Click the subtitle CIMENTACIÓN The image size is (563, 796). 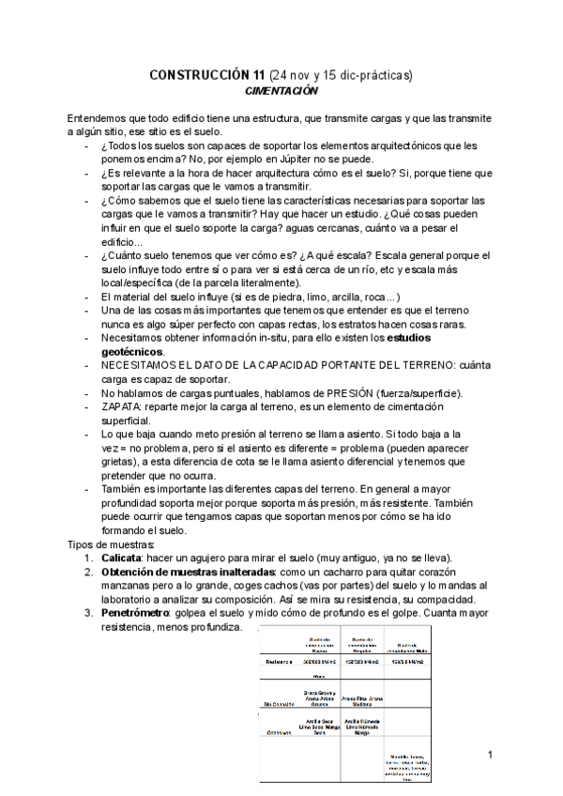[281, 91]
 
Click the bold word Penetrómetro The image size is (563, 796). [135, 611]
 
